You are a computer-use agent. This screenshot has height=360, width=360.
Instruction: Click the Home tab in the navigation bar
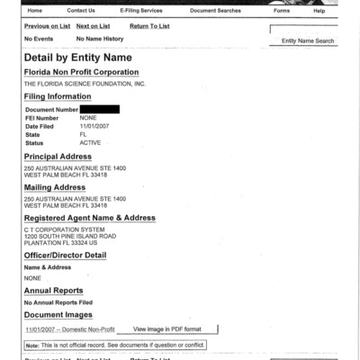point(34,11)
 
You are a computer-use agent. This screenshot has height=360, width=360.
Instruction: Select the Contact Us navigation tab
point(81,11)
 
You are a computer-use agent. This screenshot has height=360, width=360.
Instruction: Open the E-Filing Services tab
point(141,11)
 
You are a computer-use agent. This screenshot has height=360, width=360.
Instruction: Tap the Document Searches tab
point(216,11)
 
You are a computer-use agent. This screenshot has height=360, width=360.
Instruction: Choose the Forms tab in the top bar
point(282,11)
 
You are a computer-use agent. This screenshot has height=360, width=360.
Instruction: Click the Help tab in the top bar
point(319,11)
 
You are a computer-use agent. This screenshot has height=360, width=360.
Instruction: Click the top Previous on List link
point(48,27)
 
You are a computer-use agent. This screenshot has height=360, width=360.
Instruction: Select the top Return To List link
point(149,27)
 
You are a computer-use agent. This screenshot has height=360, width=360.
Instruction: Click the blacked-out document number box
point(99,109)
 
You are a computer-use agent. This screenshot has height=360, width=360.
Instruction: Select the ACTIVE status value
point(90,143)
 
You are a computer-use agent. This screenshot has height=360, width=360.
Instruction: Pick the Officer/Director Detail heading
point(65,255)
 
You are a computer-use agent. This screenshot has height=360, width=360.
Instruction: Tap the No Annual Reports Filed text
point(58,303)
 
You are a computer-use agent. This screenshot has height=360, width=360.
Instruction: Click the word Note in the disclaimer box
point(32,345)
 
